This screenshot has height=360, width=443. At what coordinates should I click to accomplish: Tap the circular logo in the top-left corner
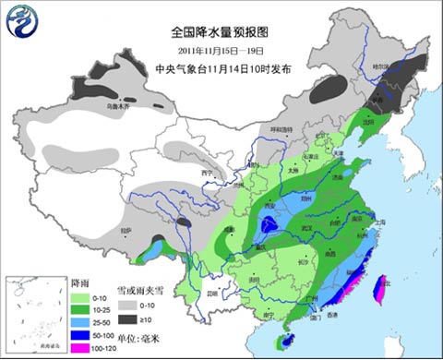[22, 21]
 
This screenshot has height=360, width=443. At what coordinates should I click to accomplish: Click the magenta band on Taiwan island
[379, 293]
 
